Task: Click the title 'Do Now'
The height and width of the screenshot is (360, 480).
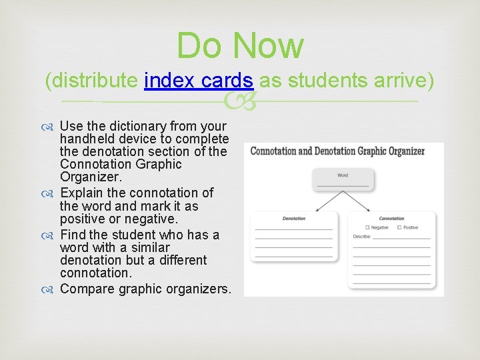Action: coord(240,45)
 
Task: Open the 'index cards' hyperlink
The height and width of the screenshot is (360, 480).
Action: coord(198,81)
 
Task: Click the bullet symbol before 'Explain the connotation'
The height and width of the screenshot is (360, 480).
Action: coord(51,193)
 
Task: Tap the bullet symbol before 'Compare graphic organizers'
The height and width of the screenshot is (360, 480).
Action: coord(51,289)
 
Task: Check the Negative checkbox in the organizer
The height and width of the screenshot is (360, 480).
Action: coord(367,227)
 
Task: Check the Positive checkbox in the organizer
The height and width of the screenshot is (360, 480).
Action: coord(399,227)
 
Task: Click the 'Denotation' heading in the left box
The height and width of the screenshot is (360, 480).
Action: coord(294,218)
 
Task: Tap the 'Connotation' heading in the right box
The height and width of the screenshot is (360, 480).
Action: coord(391,218)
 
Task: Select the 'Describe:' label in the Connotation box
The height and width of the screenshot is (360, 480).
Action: coord(363,236)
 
